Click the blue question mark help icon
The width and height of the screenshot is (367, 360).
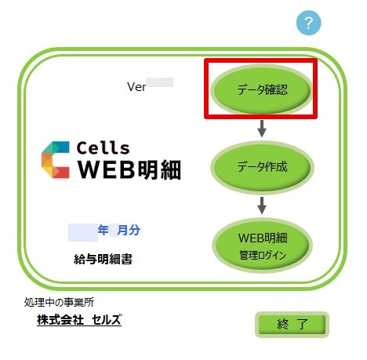point(308,23)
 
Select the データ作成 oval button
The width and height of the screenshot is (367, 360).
point(262,167)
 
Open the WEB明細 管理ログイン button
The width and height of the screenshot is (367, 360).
point(262,245)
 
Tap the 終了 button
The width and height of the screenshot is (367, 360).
point(292,325)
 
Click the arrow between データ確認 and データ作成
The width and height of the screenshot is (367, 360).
point(262,129)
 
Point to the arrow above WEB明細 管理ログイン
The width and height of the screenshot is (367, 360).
point(262,205)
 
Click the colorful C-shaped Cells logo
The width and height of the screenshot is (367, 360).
point(56,160)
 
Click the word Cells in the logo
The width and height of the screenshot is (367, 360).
point(104,147)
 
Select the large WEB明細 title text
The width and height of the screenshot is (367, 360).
point(129,169)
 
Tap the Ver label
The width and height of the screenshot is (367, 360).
point(136,87)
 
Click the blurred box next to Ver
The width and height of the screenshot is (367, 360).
point(159,82)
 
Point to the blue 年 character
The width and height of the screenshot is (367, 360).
point(103,230)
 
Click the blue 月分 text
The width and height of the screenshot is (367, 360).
point(129,230)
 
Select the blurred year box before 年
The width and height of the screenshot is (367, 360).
point(83,232)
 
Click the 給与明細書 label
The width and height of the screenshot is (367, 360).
point(104,259)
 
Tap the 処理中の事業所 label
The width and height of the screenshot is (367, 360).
point(59,303)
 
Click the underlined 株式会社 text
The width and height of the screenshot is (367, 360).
point(60,320)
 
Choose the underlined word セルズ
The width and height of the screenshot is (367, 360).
point(107,320)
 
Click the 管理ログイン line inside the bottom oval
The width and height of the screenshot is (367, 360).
point(263,255)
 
